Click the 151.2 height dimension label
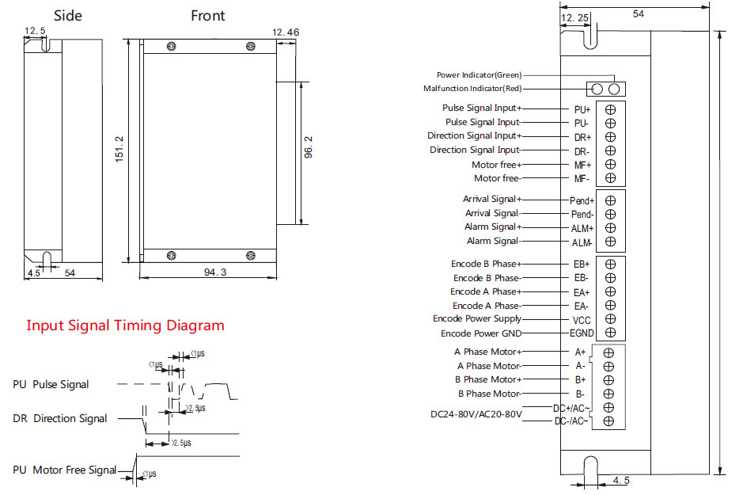(119, 150)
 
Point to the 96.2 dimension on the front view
(309, 147)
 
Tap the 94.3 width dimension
(215, 272)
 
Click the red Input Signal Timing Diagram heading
(126, 326)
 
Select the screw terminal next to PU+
(610, 109)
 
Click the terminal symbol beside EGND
(610, 333)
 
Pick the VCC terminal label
(582, 320)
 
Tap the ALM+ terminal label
(582, 229)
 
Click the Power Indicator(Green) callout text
(479, 75)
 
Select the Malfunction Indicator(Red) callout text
(472, 88)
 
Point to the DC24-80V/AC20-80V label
(476, 414)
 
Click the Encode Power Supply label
(477, 318)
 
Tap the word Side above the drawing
(68, 16)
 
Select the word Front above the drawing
(207, 16)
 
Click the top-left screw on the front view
(172, 46)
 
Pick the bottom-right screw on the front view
(251, 256)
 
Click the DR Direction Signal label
(59, 419)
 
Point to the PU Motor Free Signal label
(64, 470)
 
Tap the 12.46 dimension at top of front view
(286, 32)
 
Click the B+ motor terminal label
(581, 380)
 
